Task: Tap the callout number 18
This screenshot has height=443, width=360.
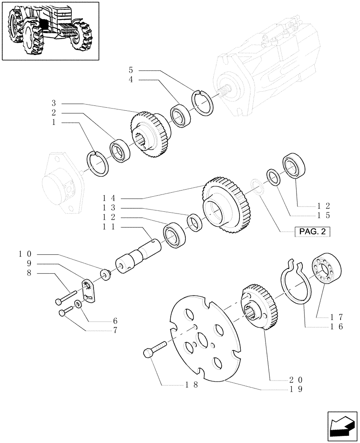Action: pyautogui.click(x=192, y=385)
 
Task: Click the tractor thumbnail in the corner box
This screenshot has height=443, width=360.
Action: pyautogui.click(x=50, y=30)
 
